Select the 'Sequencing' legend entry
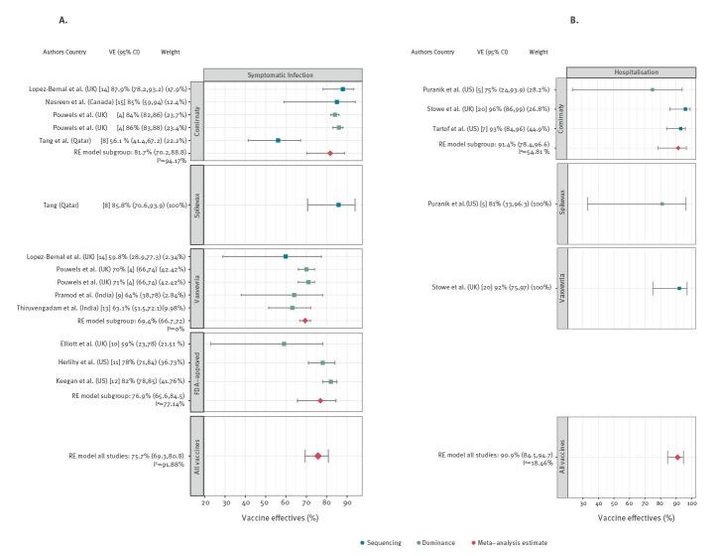pyautogui.click(x=386, y=542)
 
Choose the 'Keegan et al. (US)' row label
pyautogui.click(x=65, y=381)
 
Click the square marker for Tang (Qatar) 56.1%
pyautogui.click(x=278, y=140)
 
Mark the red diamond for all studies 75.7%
pyautogui.click(x=317, y=456)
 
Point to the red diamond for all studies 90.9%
pyautogui.click(x=677, y=458)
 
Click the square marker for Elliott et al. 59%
pyautogui.click(x=285, y=344)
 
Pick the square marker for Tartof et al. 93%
pyautogui.click(x=680, y=129)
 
